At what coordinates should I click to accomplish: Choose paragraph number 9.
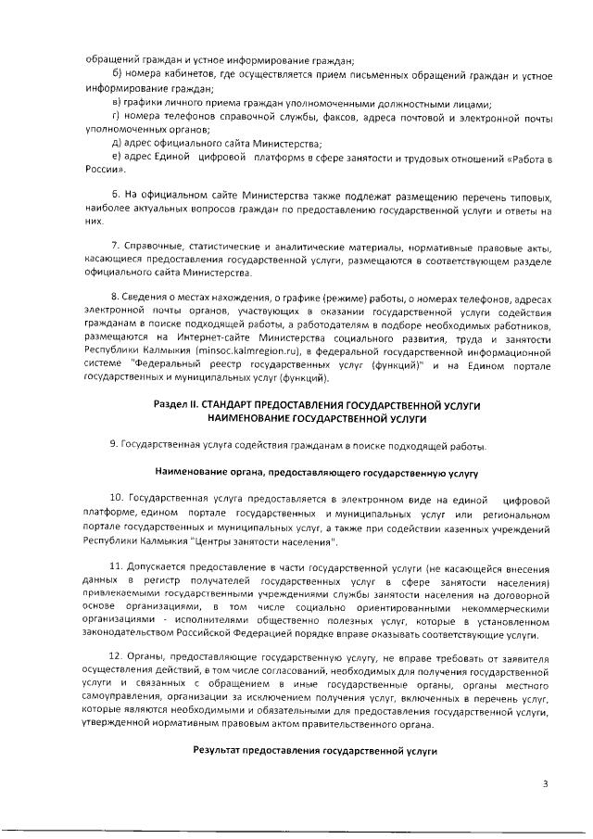click(x=114, y=446)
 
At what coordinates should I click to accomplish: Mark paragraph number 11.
click(x=117, y=566)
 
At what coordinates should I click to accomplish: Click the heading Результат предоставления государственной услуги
click(x=315, y=747)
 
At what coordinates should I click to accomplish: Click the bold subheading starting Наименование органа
click(x=315, y=473)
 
